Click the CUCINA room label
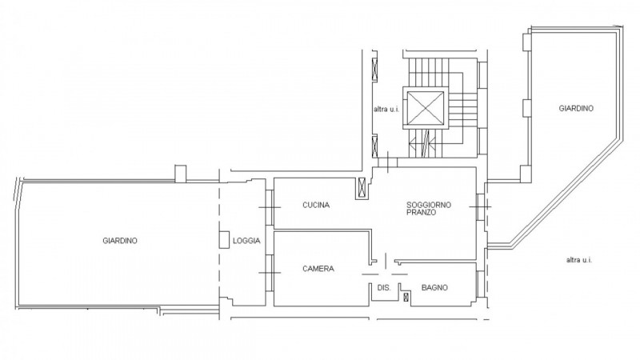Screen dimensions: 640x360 click(x=316, y=205)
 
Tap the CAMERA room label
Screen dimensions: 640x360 click(x=318, y=269)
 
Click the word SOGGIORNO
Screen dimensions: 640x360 click(x=429, y=205)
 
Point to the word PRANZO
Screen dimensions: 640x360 click(x=421, y=213)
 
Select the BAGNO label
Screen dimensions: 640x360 click(x=434, y=288)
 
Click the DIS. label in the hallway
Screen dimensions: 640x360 click(x=384, y=288)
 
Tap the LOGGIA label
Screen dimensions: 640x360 click(x=246, y=241)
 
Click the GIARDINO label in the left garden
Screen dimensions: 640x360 click(x=120, y=241)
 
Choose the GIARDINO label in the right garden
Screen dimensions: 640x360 click(x=576, y=109)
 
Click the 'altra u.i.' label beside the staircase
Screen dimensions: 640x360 click(x=386, y=110)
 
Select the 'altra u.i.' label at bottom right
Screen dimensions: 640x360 click(x=578, y=259)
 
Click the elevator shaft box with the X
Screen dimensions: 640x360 click(x=426, y=108)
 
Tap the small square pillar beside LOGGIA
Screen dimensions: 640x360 click(x=224, y=239)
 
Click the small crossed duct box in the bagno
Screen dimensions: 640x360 click(x=406, y=297)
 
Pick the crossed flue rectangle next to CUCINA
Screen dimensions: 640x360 click(x=362, y=189)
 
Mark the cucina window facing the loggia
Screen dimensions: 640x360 click(x=270, y=207)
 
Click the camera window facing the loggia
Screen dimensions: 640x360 click(x=270, y=273)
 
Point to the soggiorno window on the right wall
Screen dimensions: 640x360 click(x=481, y=207)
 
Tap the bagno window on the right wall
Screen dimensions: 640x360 click(x=481, y=284)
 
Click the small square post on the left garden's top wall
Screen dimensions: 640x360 click(x=180, y=174)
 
